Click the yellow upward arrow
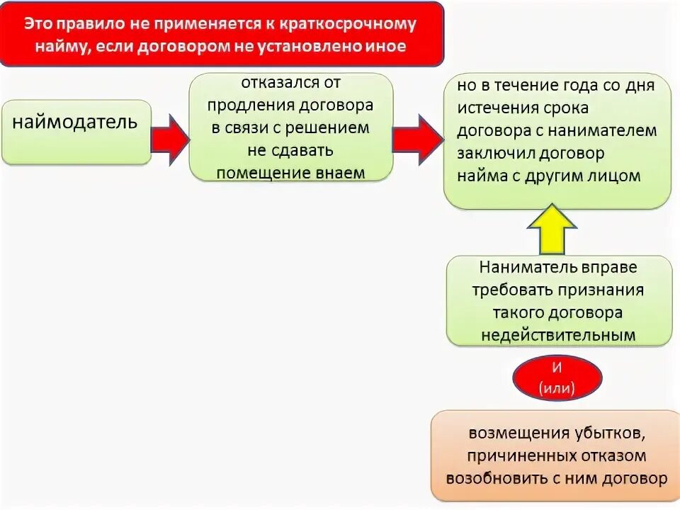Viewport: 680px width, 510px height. click(x=552, y=231)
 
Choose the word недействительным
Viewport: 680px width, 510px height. click(x=558, y=334)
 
